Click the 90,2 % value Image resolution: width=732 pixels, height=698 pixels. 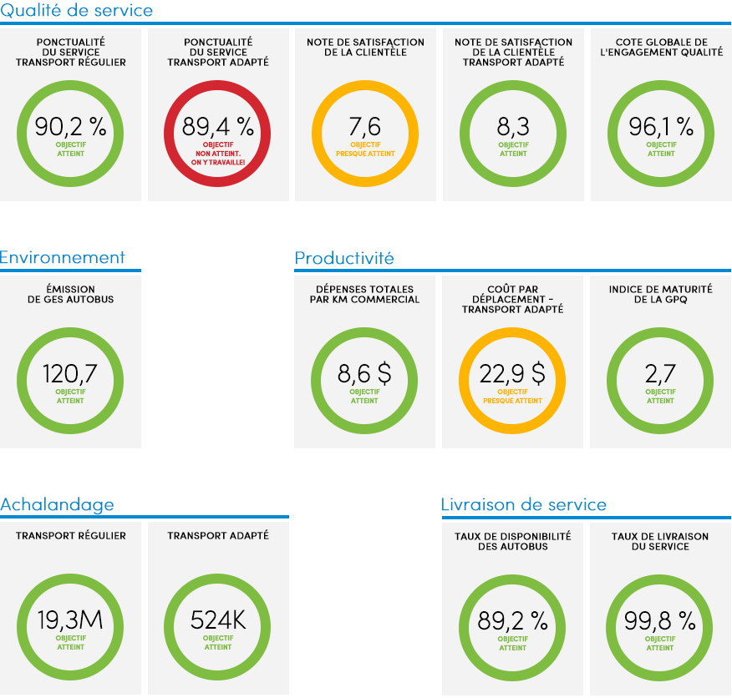click(x=70, y=127)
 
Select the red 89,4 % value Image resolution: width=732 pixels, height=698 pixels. click(x=218, y=127)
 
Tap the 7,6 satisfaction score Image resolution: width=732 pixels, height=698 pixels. click(x=365, y=127)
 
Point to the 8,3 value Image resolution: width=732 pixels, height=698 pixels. click(x=513, y=127)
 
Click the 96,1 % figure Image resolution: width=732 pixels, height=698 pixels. click(x=661, y=127)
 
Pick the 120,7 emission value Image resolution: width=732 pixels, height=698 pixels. click(x=70, y=374)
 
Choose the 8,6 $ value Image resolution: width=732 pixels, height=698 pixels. click(x=364, y=374)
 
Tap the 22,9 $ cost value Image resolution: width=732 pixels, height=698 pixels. click(x=512, y=374)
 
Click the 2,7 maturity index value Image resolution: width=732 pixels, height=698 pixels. click(x=660, y=374)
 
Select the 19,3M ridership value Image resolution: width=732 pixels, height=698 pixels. click(x=70, y=620)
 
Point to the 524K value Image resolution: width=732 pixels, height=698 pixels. click(x=218, y=620)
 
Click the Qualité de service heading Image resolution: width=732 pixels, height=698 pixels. click(x=77, y=10)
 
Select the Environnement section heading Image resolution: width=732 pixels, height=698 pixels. click(x=63, y=257)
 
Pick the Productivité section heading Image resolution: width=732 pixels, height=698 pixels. click(x=344, y=258)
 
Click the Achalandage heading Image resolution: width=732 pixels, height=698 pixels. click(x=57, y=504)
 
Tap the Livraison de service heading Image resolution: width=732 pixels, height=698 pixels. click(x=524, y=504)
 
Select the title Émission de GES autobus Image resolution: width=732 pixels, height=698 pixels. click(x=70, y=294)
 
